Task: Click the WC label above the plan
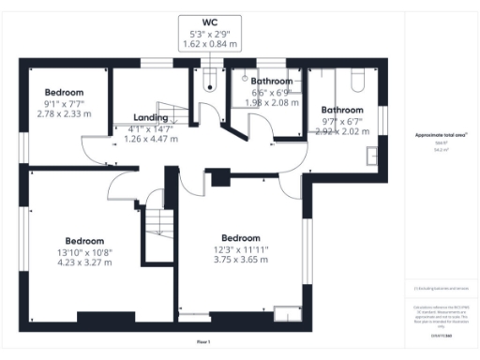pyautogui.click(x=209, y=22)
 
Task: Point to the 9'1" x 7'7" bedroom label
pyautogui.click(x=64, y=92)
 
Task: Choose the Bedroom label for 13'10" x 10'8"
pyautogui.click(x=84, y=241)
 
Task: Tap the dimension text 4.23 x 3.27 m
pyautogui.click(x=84, y=262)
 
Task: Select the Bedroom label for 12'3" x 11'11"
pyautogui.click(x=241, y=237)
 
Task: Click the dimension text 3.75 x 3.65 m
pyautogui.click(x=241, y=260)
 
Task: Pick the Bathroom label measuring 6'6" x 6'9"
pyautogui.click(x=272, y=82)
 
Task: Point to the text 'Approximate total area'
pyautogui.click(x=441, y=136)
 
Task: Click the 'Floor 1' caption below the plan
pyautogui.click(x=203, y=342)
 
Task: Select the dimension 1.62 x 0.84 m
pyautogui.click(x=209, y=44)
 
